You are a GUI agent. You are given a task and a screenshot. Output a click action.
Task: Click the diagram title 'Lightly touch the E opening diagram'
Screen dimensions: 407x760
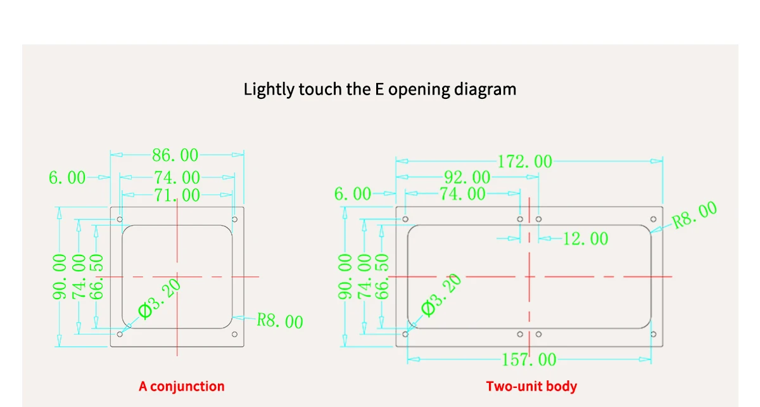380,89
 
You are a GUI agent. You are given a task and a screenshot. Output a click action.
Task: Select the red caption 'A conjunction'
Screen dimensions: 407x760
182,386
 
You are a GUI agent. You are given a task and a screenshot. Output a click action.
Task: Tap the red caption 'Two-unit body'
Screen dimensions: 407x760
531,386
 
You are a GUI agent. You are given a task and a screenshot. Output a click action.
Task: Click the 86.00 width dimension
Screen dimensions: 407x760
175,155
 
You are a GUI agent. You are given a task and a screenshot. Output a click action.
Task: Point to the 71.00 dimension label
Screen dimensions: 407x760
177,195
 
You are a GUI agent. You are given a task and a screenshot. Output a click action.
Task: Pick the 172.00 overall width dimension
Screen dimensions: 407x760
524,162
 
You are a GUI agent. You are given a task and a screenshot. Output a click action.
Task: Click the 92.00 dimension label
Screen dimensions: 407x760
467,178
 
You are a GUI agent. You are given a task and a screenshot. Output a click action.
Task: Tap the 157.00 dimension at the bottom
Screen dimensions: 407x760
529,360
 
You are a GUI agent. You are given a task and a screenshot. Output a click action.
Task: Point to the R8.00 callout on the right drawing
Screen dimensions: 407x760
695,215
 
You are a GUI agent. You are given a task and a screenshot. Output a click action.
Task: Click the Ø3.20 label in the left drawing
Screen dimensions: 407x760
160,299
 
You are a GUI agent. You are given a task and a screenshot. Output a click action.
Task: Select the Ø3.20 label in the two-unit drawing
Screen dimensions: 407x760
441,295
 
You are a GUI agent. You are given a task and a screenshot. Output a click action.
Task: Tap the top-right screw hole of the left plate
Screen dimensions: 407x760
234,219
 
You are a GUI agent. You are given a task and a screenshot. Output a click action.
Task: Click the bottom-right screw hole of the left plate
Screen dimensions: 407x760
234,334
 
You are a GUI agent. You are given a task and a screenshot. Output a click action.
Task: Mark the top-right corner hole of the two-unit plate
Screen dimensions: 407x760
653,219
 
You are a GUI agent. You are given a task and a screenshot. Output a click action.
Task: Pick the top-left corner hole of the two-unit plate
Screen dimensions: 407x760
405,219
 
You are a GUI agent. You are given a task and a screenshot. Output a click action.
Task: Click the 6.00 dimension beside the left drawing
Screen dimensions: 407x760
66,178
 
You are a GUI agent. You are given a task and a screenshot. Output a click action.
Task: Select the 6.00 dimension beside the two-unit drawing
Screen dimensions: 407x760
353,194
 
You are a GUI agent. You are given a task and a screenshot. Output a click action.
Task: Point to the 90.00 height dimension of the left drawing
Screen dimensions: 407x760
60,276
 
